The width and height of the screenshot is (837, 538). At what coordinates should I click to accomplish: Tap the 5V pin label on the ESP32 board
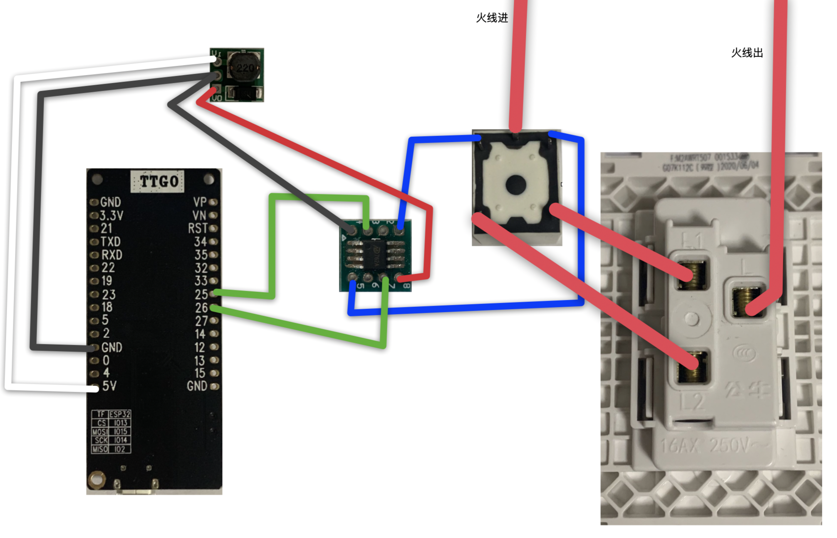[x=109, y=386]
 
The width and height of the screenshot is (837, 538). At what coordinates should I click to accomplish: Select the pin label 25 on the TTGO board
[x=201, y=294]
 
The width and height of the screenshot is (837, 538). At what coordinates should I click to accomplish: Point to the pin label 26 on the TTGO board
[x=201, y=308]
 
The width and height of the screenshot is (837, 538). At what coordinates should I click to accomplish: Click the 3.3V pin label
[x=111, y=215]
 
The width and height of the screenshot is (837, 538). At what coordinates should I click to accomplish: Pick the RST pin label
[x=198, y=228]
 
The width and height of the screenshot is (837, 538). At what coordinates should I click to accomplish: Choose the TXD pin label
[x=111, y=242]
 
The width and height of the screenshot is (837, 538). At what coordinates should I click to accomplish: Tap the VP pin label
[x=200, y=202]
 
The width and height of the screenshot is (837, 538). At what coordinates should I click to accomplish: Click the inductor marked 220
[x=245, y=68]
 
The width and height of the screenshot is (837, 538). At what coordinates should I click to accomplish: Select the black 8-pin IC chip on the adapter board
[x=375, y=255]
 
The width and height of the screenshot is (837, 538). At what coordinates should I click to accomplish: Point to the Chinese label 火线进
[x=492, y=18]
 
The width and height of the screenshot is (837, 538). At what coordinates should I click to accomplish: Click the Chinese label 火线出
[x=747, y=53]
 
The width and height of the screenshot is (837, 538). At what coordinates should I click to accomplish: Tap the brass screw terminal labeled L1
[x=692, y=274]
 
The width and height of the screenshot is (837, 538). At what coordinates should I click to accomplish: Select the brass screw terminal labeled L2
[x=692, y=367]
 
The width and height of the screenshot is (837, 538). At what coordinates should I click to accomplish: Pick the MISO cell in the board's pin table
[x=100, y=449]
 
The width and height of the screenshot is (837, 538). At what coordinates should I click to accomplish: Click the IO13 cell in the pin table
[x=120, y=423]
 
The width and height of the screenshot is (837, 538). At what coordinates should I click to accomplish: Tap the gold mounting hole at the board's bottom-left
[x=97, y=479]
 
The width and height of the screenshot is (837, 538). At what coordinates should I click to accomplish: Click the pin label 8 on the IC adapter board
[x=406, y=286]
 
